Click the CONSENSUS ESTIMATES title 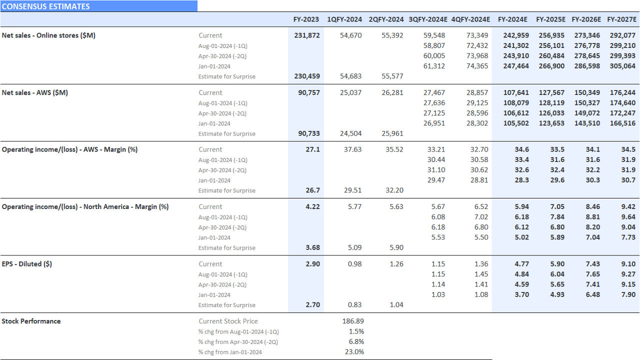click(46, 6)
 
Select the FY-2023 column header click(306, 19)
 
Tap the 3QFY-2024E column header click(427, 19)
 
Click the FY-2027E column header click(621, 19)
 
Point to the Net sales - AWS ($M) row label click(35, 92)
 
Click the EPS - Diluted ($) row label click(27, 264)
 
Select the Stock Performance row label click(31, 321)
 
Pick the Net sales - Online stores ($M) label click(48, 35)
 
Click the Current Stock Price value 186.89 click(353, 321)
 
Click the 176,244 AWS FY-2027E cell click(622, 92)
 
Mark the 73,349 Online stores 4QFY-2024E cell click(477, 35)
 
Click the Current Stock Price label click(228, 321)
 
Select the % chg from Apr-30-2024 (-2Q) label click(238, 342)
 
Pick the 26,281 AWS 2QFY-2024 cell click(392, 92)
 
